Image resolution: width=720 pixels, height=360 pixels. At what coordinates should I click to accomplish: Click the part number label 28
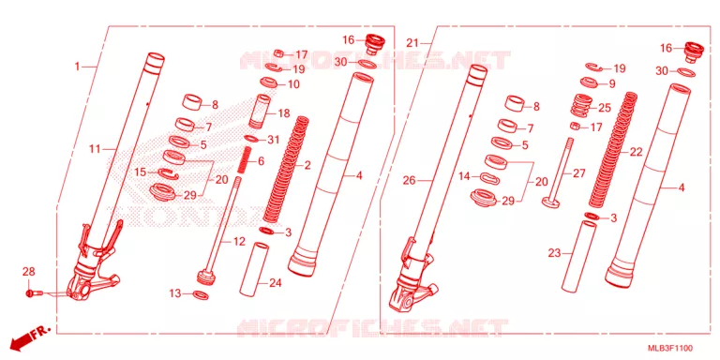click(28, 273)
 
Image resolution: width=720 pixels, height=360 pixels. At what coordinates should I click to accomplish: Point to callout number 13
click(175, 293)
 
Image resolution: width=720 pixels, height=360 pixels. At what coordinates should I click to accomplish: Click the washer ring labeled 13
click(201, 294)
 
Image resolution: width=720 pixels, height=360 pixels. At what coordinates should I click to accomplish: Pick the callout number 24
click(275, 283)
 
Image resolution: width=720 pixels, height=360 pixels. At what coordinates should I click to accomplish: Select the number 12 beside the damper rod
click(239, 242)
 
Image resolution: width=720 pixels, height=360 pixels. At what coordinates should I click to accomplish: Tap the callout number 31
click(273, 140)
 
